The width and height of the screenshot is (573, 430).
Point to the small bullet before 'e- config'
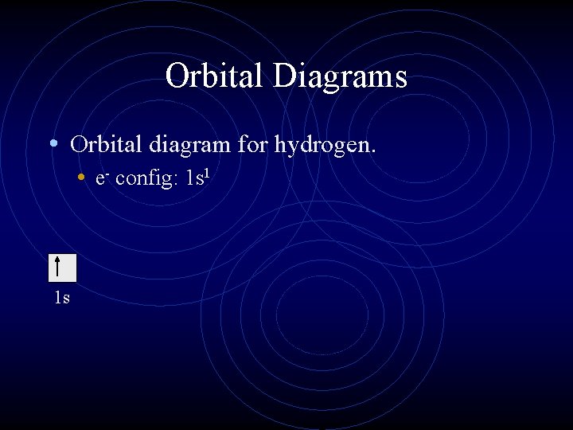(82, 178)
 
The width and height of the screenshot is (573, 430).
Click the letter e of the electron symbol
(98, 179)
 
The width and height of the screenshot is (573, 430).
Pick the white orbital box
(62, 268)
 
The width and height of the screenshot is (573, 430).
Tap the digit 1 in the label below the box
(57, 299)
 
